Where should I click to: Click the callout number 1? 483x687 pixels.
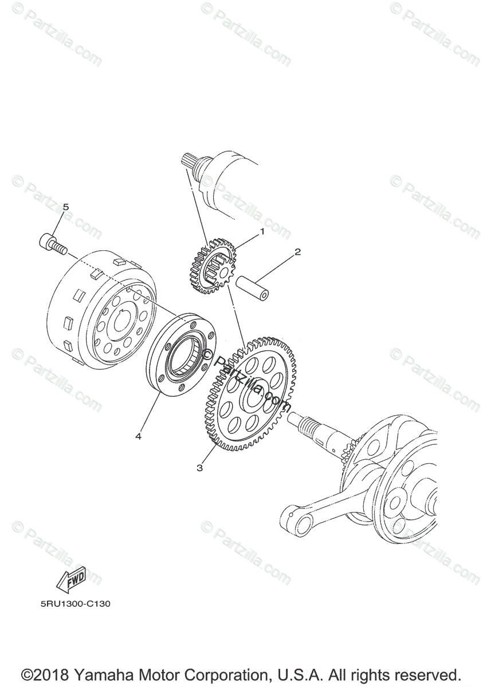[262, 232]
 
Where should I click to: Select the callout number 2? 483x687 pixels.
[297, 251]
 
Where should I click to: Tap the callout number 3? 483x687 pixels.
[200, 468]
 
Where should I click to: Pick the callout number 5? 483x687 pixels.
[65, 207]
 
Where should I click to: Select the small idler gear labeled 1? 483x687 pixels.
[211, 266]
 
